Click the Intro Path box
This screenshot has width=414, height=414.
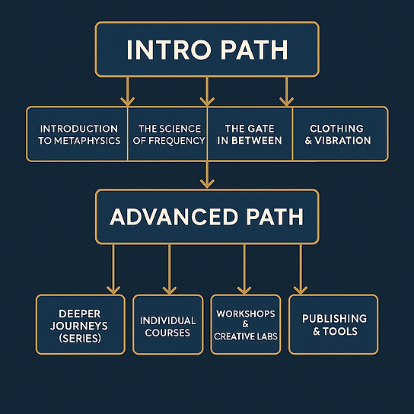pos(207,49)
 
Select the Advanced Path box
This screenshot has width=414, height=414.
pos(207,216)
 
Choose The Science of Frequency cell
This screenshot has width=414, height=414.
pos(167,134)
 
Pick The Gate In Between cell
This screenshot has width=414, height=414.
pos(250,134)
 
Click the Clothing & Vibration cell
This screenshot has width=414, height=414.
pos(340,134)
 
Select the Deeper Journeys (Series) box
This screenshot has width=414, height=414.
pos(81,324)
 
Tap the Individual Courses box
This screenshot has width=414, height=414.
pos(168,324)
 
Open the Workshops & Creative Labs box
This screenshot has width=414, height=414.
pos(246,324)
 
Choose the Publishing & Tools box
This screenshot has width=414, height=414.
pos(333,324)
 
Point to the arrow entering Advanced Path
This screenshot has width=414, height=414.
pos(207,175)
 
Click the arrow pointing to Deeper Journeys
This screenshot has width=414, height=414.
pos(113,269)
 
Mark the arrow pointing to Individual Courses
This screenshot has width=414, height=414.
pos(169,269)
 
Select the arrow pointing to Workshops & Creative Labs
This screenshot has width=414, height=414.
pos(244,269)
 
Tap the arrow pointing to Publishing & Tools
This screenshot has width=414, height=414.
pos(301,269)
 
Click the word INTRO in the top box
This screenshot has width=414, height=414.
pos(169,50)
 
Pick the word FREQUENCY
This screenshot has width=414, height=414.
pos(177,141)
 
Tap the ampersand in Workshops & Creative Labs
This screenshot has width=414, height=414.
pos(246,324)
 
